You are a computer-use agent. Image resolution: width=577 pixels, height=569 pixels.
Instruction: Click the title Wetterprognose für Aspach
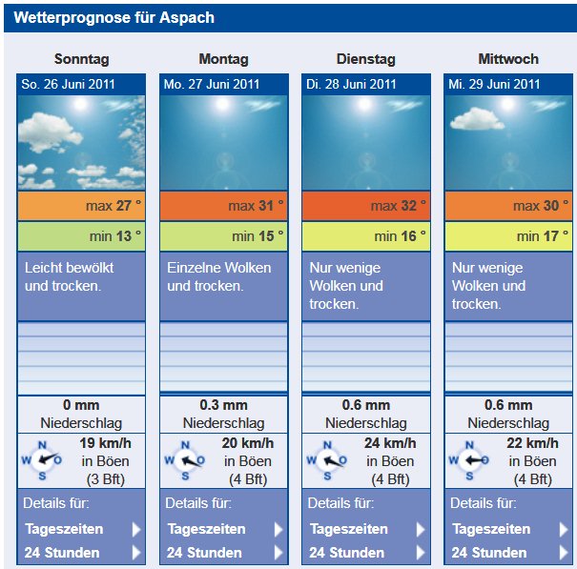(114, 18)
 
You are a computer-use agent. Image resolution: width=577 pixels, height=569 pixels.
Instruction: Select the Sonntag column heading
(81, 59)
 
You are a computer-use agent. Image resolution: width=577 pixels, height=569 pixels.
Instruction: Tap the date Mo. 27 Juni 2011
(211, 84)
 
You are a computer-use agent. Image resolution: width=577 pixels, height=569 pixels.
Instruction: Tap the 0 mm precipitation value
(81, 405)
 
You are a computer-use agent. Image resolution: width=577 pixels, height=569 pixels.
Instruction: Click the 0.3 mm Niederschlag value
(223, 405)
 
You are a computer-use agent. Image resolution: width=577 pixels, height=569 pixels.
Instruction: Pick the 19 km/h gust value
(105, 443)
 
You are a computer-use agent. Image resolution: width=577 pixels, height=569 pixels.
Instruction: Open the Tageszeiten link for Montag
(206, 529)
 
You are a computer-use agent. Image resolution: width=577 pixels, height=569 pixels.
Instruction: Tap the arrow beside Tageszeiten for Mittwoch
(564, 529)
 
